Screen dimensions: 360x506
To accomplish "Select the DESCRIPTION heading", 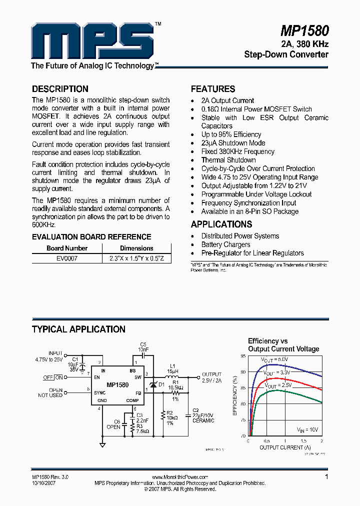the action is tap(60, 89).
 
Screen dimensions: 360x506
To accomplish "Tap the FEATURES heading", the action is tap(213, 89).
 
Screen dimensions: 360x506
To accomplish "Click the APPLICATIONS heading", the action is tap(221, 224).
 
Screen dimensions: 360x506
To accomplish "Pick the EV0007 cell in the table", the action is tap(66, 258).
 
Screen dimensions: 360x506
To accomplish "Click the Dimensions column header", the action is tap(136, 248).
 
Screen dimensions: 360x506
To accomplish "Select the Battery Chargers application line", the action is tap(225, 244).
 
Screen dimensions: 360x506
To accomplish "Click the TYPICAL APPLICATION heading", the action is tap(78, 329).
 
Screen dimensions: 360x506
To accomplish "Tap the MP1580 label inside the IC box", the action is tap(117, 385).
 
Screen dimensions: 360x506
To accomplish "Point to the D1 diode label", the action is tap(161, 384).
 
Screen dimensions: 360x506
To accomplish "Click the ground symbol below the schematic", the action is tap(102, 444).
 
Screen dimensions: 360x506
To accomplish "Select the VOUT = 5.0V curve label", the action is tap(275, 359).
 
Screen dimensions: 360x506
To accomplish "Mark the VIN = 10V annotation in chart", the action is tap(307, 430).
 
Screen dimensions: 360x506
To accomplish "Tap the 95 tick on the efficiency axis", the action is tap(243, 356).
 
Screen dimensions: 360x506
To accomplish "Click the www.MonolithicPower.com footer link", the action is tap(179, 477).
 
